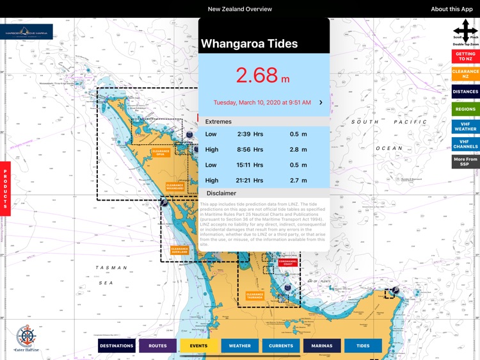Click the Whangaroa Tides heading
click(x=250, y=44)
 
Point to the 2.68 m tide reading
click(x=263, y=75)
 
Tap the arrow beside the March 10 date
click(x=321, y=102)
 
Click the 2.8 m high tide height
click(x=298, y=149)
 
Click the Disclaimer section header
click(x=221, y=193)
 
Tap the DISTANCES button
click(x=465, y=92)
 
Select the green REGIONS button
click(x=465, y=110)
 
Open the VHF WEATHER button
click(x=465, y=126)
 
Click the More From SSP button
click(x=465, y=161)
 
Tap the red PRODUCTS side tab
click(x=5, y=186)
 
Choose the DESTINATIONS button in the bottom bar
click(x=116, y=346)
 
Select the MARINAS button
click(x=322, y=346)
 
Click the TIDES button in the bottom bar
click(x=363, y=346)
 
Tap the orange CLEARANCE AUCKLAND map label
click(x=179, y=250)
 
